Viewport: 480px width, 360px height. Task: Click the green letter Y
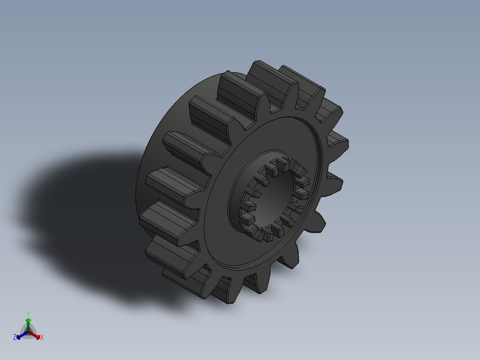pos(28,313)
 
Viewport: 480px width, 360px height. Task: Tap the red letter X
pos(42,338)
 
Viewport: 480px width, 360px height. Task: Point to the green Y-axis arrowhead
pos(28,320)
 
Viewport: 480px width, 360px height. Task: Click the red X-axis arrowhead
pos(38,336)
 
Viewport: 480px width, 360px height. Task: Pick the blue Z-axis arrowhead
pos(19,337)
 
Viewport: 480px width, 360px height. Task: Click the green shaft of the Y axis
pos(28,327)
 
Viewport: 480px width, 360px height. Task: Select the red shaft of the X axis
pos(33,335)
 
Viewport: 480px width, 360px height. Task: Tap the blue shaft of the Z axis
pos(23,335)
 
